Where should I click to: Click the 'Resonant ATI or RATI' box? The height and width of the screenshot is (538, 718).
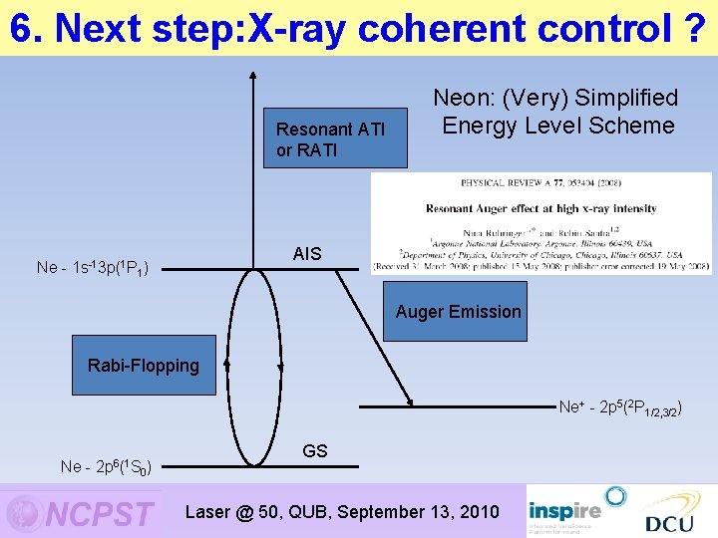[335, 138]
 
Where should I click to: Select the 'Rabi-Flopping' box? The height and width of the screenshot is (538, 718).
[144, 366]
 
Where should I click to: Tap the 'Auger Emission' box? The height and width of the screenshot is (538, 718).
[458, 312]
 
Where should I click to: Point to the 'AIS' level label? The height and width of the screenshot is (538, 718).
[307, 254]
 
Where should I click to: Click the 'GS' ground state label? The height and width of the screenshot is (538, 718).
[314, 451]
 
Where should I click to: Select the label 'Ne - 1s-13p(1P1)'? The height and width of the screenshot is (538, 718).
[92, 267]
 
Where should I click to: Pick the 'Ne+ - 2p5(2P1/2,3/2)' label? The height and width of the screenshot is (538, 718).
[619, 406]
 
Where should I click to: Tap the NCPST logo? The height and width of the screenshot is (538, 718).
[80, 512]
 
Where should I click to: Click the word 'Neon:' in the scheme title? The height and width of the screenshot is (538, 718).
[465, 98]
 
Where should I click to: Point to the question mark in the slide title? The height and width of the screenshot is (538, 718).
[697, 29]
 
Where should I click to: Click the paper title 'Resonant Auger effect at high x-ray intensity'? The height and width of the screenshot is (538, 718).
[540, 208]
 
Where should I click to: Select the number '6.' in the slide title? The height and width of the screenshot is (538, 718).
[27, 29]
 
